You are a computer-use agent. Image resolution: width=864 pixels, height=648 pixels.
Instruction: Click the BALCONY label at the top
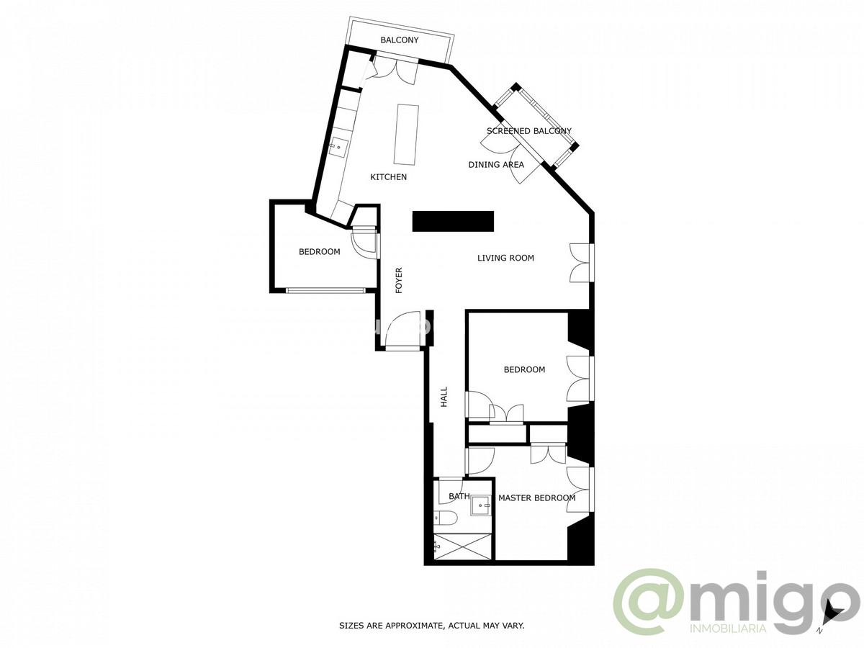400,40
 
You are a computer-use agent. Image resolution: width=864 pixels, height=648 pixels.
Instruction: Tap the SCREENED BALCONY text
529,131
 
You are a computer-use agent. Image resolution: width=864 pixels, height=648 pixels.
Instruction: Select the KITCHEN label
389,177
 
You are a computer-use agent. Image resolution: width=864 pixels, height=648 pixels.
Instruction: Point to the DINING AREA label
496,165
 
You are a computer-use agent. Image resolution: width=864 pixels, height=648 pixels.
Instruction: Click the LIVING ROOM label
505,258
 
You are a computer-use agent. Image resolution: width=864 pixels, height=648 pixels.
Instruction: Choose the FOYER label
399,280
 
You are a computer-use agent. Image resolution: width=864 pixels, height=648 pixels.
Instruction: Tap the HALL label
444,397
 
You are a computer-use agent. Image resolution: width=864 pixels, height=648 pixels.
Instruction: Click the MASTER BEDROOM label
537,498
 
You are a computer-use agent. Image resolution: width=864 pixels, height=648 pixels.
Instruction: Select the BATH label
459,496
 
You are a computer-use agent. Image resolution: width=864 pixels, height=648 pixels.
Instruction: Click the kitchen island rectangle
407,135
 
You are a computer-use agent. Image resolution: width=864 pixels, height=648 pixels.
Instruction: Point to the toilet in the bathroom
444,518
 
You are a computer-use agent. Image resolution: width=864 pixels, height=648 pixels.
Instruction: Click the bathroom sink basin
480,507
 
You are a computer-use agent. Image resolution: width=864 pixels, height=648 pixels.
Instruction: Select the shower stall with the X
464,545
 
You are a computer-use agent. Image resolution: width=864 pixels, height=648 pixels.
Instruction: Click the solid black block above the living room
453,221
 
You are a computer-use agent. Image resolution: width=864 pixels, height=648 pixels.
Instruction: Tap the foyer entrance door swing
403,330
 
